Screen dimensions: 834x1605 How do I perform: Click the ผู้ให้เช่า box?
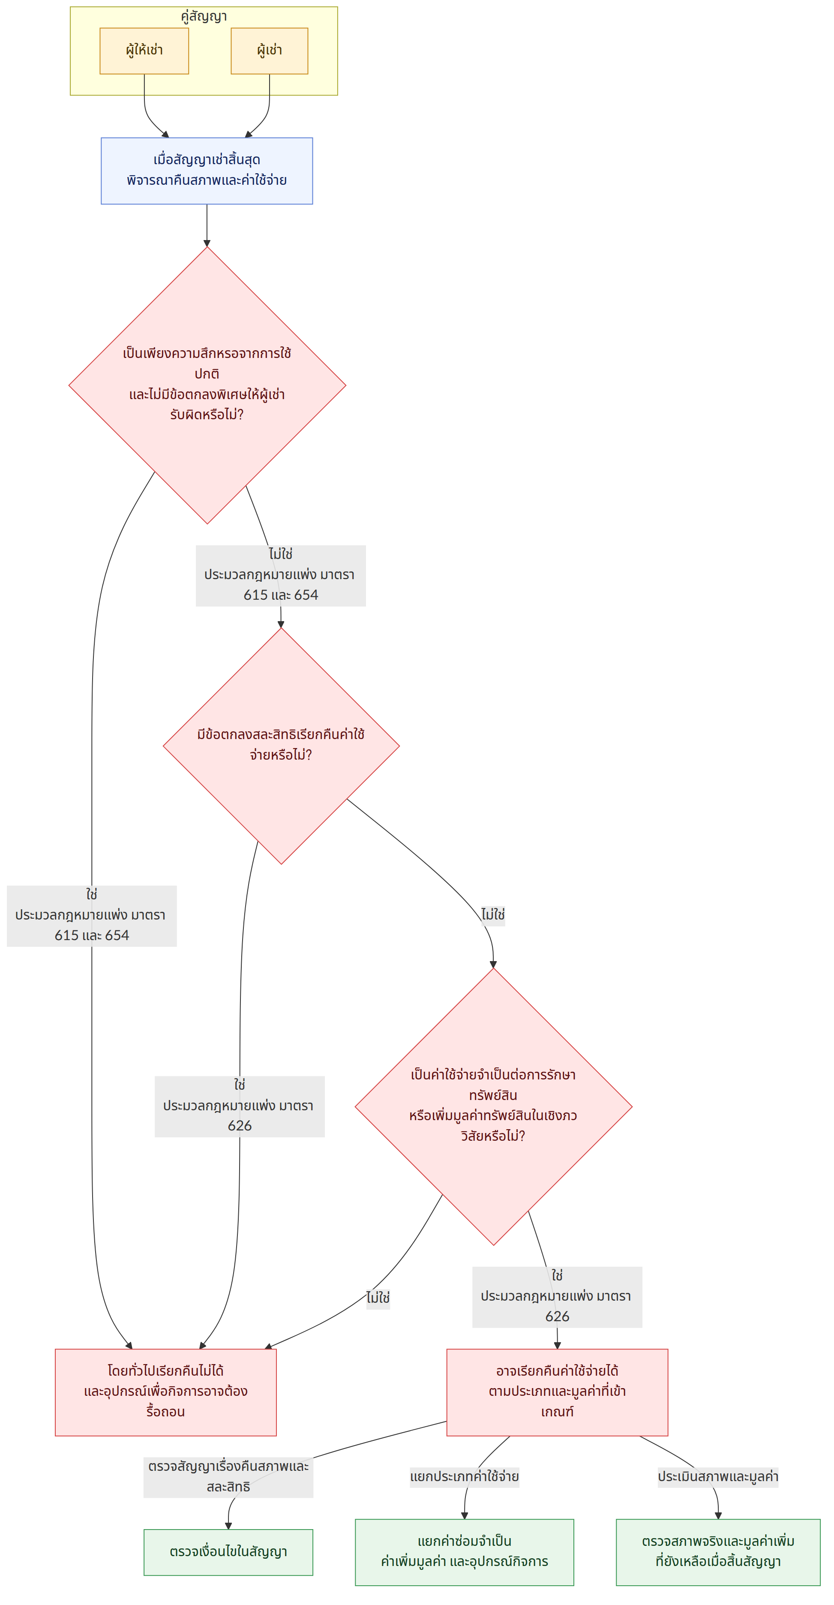[x=144, y=51]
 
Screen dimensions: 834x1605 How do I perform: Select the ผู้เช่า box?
[x=269, y=51]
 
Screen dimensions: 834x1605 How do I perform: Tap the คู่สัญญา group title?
[x=204, y=16]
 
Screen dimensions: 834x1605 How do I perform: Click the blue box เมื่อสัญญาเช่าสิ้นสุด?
[x=207, y=171]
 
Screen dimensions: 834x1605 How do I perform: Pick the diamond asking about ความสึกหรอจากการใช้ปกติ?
[x=207, y=385]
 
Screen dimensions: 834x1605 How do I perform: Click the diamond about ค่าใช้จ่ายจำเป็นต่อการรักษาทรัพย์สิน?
[x=493, y=1106]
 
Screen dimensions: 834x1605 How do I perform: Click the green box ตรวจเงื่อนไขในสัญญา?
[x=228, y=1551]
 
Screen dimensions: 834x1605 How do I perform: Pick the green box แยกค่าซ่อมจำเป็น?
[x=464, y=1551]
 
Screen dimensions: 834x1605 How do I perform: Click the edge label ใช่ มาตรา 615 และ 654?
[x=92, y=915]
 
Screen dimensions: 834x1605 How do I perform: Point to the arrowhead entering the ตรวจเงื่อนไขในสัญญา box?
[x=228, y=1525]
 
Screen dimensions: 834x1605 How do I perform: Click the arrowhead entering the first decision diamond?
[x=207, y=243]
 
